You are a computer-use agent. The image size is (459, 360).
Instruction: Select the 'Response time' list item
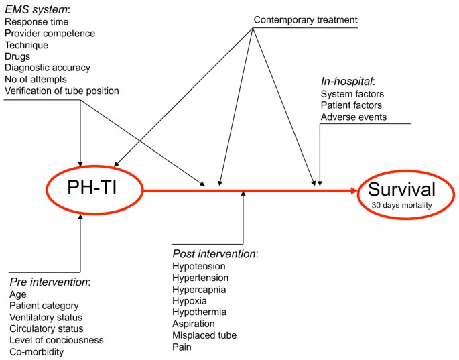(36, 21)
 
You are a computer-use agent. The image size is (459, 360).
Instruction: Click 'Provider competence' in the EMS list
(50, 33)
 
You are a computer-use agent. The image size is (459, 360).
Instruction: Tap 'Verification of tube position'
(62, 91)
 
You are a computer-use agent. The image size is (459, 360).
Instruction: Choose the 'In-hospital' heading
(347, 82)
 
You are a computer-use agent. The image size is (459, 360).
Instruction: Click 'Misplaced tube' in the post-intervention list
(204, 335)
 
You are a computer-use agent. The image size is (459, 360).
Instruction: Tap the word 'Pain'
(182, 347)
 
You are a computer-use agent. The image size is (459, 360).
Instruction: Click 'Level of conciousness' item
(56, 340)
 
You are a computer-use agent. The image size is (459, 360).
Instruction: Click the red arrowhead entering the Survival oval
(354, 192)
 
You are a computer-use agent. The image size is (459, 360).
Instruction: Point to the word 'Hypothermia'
(200, 312)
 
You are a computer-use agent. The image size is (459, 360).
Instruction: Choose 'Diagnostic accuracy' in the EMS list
(48, 68)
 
